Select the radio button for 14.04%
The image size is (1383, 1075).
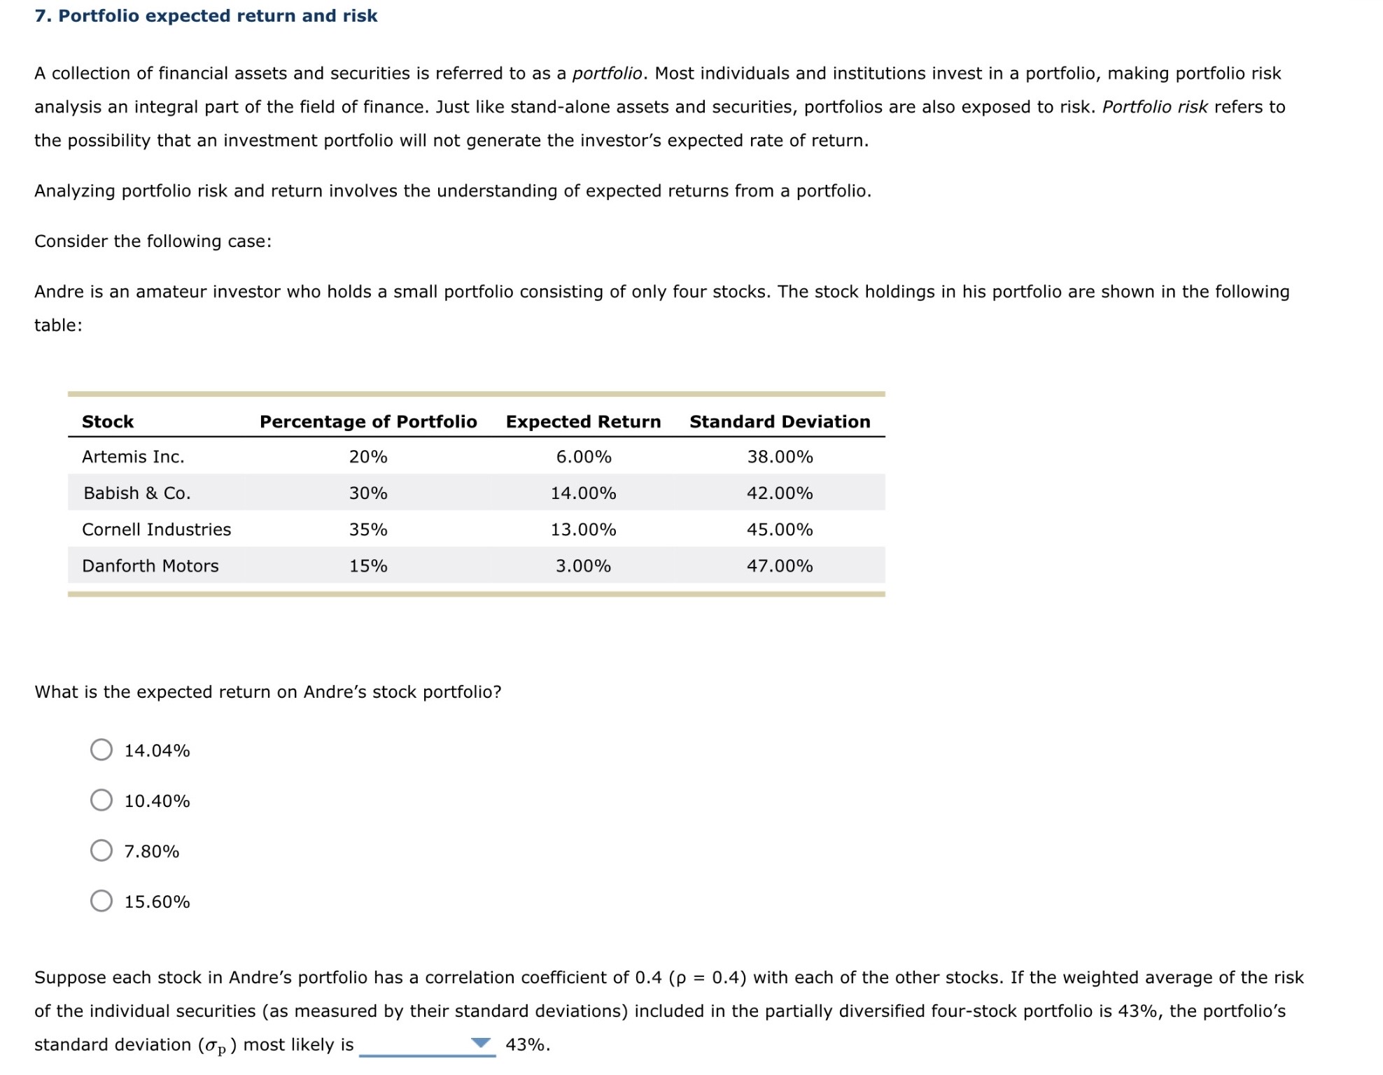point(101,750)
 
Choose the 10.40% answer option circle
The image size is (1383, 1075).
point(101,800)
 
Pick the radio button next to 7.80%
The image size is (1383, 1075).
point(101,850)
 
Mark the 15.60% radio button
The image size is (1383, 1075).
point(101,901)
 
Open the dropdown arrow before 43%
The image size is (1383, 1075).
point(481,1043)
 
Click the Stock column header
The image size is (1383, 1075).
point(108,421)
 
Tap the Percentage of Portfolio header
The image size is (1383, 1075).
point(368,421)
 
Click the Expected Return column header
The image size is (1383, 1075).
point(583,421)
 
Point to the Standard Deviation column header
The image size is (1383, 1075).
point(780,421)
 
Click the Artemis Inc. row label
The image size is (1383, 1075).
point(133,457)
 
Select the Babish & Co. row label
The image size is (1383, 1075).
point(136,493)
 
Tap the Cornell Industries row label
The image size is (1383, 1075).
point(156,530)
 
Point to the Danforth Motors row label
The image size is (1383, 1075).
point(150,566)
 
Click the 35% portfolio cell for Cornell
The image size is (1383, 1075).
point(368,530)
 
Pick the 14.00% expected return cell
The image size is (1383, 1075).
point(583,493)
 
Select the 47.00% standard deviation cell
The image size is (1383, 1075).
point(780,566)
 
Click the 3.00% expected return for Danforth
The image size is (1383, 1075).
point(583,566)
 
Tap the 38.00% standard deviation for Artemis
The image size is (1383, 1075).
point(780,457)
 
